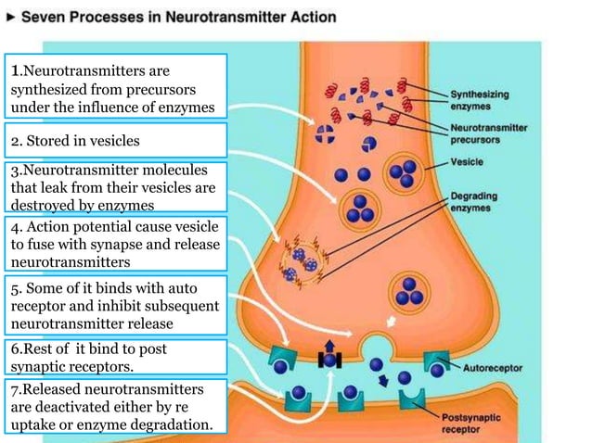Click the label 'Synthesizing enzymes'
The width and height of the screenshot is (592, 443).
pyautogui.click(x=480, y=100)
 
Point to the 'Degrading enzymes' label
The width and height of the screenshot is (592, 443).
pyautogui.click(x=475, y=201)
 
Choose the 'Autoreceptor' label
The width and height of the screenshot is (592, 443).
pyautogui.click(x=492, y=367)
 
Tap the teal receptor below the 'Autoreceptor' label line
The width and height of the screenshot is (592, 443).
pyautogui.click(x=440, y=363)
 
